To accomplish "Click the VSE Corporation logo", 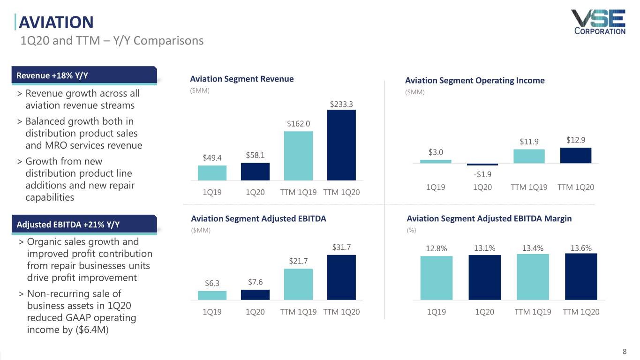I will click(598, 22).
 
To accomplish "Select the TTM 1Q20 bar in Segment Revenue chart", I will click(341, 145).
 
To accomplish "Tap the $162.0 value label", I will click(298, 124).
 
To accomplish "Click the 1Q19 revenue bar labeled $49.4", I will click(212, 173).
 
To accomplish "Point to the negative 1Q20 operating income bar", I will click(482, 165).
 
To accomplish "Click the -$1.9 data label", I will click(482, 174).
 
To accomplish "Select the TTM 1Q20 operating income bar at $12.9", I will click(576, 155).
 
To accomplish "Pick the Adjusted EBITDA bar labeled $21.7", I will click(298, 284).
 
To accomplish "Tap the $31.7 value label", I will click(341, 247).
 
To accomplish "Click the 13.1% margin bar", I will click(484, 277).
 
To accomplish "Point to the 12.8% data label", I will click(436, 249).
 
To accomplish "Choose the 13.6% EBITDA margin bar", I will click(581, 277).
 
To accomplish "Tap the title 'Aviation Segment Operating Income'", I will click(474, 81).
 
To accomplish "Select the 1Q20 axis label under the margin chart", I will click(484, 312).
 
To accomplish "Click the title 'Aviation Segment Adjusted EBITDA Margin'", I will click(489, 218).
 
